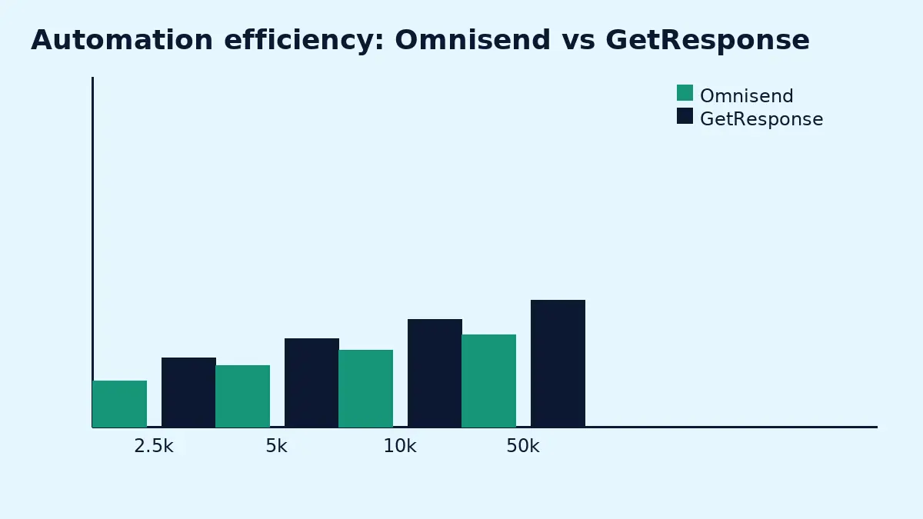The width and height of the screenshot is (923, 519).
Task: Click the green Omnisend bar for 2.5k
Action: click(119, 404)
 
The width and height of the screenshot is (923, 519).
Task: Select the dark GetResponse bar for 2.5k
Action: click(188, 392)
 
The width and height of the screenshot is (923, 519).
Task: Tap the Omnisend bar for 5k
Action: click(242, 396)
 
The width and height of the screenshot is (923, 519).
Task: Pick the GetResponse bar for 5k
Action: click(312, 382)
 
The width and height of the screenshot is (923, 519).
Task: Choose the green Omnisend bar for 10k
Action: click(365, 388)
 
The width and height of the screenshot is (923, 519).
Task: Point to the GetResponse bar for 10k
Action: click(435, 373)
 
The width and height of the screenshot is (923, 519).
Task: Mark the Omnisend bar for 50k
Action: click(488, 381)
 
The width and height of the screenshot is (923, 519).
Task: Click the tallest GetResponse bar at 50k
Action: click(558, 363)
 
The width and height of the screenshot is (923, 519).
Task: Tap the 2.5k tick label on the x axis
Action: click(154, 447)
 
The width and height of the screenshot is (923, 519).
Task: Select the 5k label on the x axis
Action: click(276, 447)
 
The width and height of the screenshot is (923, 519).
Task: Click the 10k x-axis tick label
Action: click(400, 447)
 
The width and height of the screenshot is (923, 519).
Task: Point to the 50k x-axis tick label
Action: click(523, 447)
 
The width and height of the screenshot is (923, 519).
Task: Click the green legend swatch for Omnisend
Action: click(685, 93)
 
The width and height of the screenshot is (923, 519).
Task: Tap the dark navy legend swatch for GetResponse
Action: click(685, 116)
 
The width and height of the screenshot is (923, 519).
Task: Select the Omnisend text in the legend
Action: click(746, 97)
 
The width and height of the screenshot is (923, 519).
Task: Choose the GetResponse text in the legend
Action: click(761, 120)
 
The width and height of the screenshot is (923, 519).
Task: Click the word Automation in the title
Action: click(122, 41)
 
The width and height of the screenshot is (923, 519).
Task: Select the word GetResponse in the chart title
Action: click(707, 41)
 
